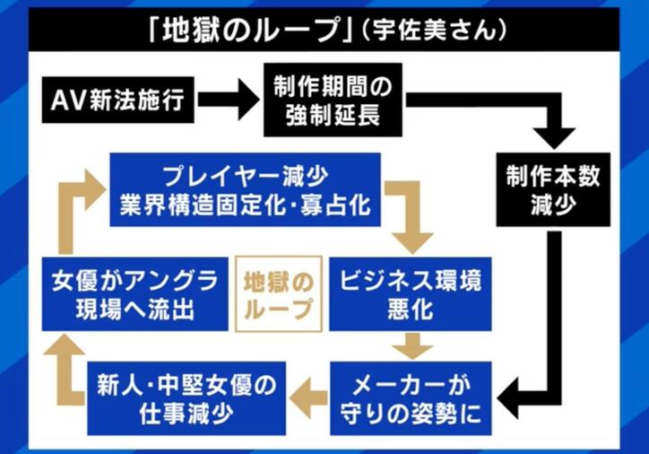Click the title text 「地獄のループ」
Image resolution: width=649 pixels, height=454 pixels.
(245, 31)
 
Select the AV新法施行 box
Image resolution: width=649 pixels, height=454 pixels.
(118, 100)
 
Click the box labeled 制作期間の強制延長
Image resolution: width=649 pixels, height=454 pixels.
(328, 100)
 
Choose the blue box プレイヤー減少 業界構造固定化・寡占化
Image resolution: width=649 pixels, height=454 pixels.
(245, 189)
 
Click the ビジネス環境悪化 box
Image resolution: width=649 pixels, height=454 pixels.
(411, 293)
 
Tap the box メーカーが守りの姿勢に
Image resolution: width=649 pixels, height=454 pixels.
(411, 399)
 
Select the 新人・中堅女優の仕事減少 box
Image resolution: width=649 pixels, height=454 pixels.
(186, 397)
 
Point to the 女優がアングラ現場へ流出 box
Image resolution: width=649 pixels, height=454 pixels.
(134, 293)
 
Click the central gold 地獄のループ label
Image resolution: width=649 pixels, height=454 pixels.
(278, 293)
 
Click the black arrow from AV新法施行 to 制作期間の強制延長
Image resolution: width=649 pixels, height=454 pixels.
(228, 100)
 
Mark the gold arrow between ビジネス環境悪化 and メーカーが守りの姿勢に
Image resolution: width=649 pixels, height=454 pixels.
(411, 345)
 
